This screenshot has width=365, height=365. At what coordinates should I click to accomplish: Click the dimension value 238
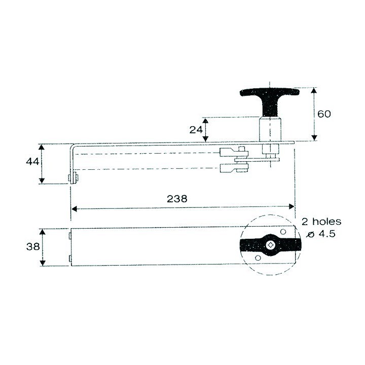click(x=177, y=199)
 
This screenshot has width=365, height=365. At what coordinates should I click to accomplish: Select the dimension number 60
click(x=324, y=114)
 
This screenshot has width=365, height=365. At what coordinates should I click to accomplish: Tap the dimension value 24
click(x=196, y=130)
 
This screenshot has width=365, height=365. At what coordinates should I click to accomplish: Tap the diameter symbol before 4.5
click(x=310, y=234)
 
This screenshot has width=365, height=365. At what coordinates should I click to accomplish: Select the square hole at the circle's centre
click(x=270, y=246)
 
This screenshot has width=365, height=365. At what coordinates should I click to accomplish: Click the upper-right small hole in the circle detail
click(x=281, y=233)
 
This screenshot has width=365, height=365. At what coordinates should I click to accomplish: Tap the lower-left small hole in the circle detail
click(x=258, y=258)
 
